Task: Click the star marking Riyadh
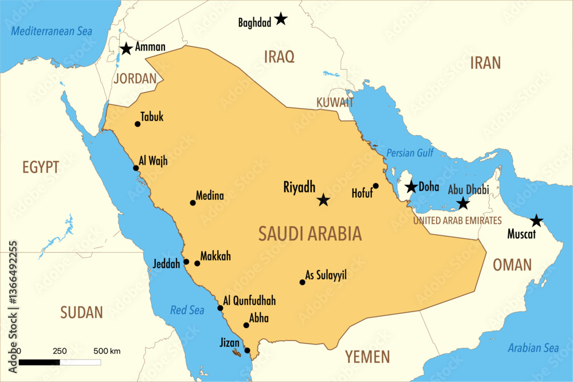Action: (324, 200)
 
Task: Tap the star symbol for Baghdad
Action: (280, 19)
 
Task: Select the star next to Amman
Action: (126, 49)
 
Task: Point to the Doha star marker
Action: (411, 187)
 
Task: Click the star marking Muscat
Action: (536, 220)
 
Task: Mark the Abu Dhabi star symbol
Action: (463, 203)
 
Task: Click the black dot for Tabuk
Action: (138, 124)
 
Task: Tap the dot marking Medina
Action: (193, 203)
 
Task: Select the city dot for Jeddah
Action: (186, 262)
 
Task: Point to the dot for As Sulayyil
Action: (303, 282)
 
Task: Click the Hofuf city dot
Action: (376, 186)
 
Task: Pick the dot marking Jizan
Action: (248, 351)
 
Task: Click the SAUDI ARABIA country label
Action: (310, 234)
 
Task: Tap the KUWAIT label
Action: (335, 103)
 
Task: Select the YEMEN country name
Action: (367, 357)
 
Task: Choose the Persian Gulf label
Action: (409, 153)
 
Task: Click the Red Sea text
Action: (187, 310)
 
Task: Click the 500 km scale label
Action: (107, 351)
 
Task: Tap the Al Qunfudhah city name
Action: (249, 301)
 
